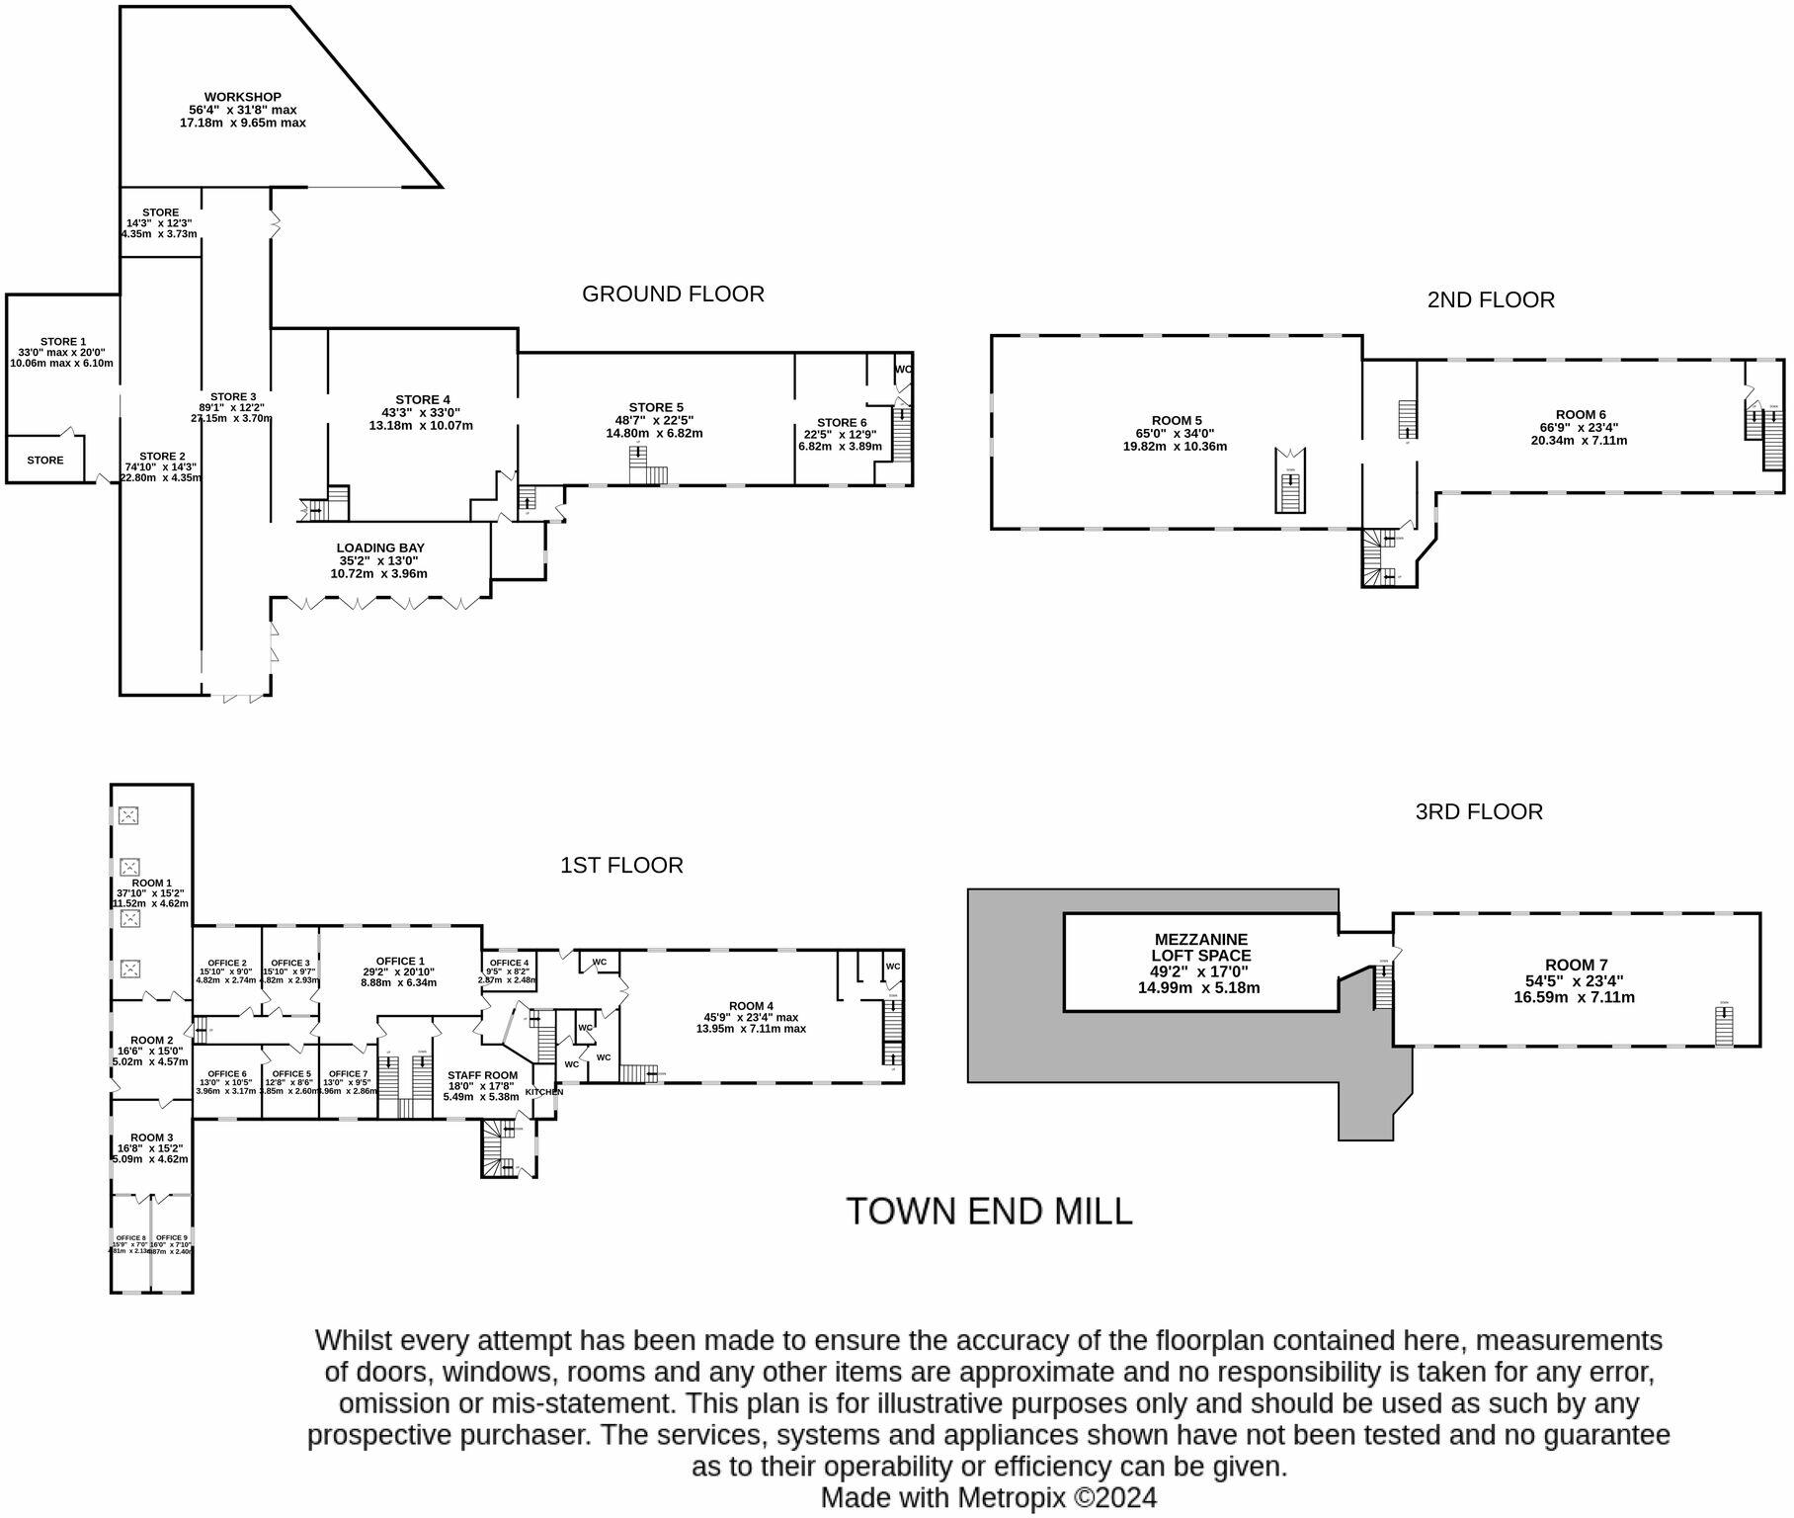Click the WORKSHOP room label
pyautogui.click(x=242, y=97)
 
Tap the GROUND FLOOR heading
pyautogui.click(x=672, y=294)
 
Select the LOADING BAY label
pyautogui.click(x=380, y=548)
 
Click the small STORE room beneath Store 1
pyautogui.click(x=45, y=460)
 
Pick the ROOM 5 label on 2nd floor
pyautogui.click(x=1176, y=420)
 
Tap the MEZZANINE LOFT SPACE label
pyautogui.click(x=1200, y=947)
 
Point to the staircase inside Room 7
pyautogui.click(x=1724, y=1027)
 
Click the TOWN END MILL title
pyautogui.click(x=989, y=1211)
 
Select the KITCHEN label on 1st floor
pyautogui.click(x=543, y=1092)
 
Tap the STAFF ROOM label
pyautogui.click(x=482, y=1075)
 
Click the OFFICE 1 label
pyautogui.click(x=400, y=961)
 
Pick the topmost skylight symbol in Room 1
pyautogui.click(x=129, y=815)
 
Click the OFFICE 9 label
pyautogui.click(x=171, y=1237)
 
